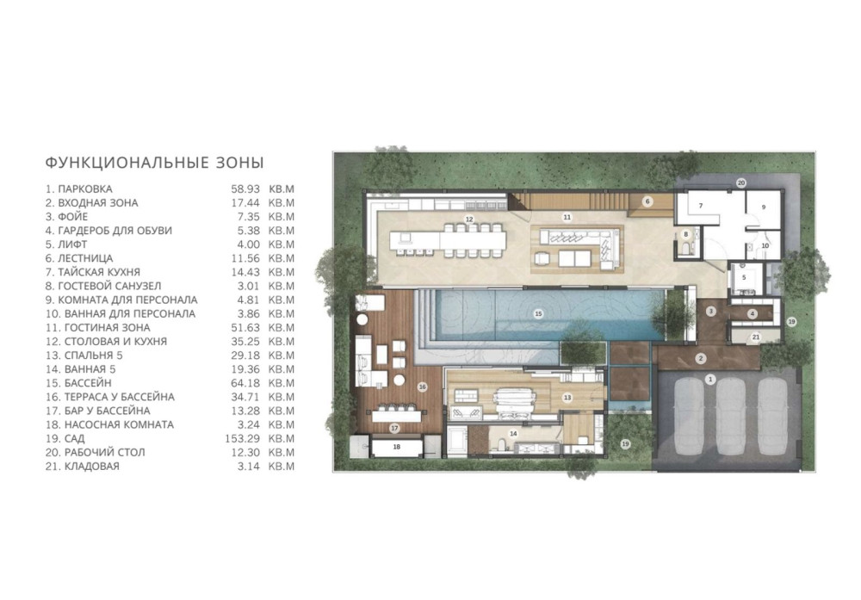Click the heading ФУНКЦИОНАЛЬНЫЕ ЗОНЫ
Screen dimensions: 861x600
pos(154,163)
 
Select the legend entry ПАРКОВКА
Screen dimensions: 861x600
pos(85,189)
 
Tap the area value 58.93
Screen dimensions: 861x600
pos(245,189)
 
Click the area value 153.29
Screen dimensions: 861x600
pos(242,439)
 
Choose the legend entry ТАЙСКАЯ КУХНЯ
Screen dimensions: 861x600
pos(99,272)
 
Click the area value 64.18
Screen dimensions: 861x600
pos(245,383)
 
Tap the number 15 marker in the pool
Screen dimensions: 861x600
pos(538,314)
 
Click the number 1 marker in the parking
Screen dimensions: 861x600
pos(710,380)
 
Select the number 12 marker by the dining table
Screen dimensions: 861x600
pos(469,219)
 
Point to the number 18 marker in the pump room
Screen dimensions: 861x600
pos(396,447)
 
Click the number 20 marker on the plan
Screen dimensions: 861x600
pos(740,182)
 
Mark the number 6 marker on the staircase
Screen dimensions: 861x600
pos(647,201)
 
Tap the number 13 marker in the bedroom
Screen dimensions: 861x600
pos(567,398)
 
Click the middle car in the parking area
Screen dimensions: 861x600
pos(731,416)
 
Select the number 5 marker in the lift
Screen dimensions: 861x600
pos(744,278)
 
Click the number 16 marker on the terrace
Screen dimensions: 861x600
pos(422,387)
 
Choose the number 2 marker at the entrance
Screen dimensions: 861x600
pos(701,359)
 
